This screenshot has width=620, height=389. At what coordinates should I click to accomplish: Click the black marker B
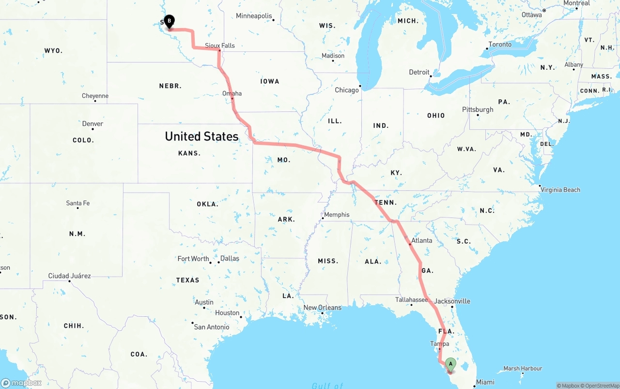(x=169, y=21)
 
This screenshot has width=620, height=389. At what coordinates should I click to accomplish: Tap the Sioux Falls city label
(x=219, y=46)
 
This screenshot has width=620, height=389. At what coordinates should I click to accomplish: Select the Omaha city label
(x=232, y=93)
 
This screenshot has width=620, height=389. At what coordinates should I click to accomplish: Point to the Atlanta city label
(x=421, y=240)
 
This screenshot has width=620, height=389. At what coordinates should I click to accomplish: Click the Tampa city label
(x=440, y=343)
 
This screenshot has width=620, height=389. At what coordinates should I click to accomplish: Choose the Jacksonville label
(x=452, y=301)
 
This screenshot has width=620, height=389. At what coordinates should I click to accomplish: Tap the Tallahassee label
(x=411, y=300)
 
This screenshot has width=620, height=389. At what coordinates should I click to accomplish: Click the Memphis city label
(x=337, y=215)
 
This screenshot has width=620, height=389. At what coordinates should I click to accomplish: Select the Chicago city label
(x=347, y=90)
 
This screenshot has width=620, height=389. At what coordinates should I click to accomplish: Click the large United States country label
(x=201, y=136)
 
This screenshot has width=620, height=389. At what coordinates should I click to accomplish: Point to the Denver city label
(x=93, y=124)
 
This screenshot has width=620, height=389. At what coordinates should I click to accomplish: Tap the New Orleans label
(x=322, y=308)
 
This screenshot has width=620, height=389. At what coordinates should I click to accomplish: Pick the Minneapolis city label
(x=254, y=16)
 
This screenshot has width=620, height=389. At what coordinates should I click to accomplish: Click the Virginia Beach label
(x=560, y=189)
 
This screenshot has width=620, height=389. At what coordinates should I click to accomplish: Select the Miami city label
(x=485, y=382)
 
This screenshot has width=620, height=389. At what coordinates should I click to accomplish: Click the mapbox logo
(x=21, y=383)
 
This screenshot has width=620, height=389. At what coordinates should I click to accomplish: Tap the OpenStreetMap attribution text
(x=602, y=386)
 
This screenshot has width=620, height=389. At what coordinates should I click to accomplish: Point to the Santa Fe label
(x=77, y=203)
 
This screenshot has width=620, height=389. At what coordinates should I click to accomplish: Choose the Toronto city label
(x=500, y=44)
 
